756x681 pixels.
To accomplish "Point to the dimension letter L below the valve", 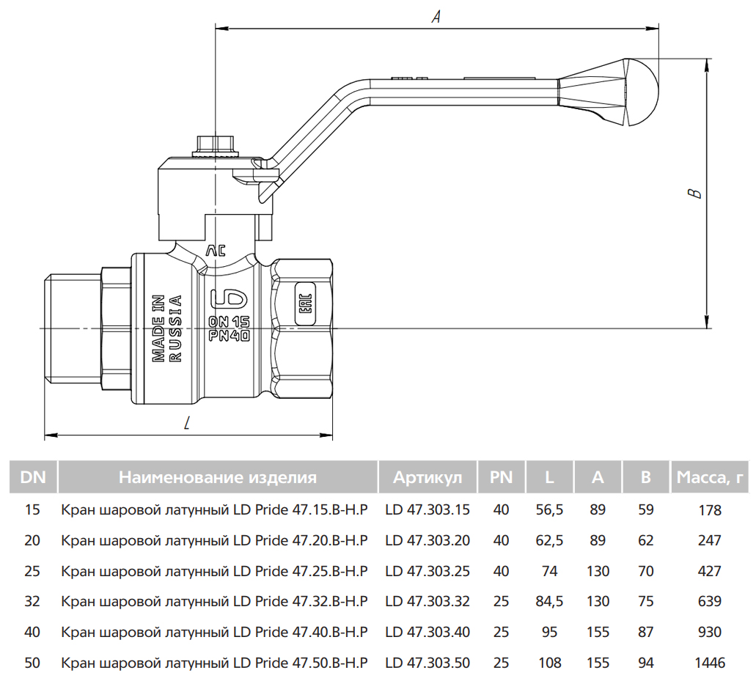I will (188, 423).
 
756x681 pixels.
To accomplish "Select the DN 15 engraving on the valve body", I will (230, 322).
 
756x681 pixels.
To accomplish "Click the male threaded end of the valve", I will (70, 327).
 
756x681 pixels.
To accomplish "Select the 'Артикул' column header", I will (427, 478).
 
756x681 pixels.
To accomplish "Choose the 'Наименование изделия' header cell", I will (218, 478).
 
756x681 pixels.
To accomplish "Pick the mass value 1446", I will (710, 663).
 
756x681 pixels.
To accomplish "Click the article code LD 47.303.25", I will (427, 571).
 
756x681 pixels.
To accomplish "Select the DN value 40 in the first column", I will (32, 632).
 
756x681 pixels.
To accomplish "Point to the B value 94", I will (645, 663).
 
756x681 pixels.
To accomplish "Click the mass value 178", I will (710, 509).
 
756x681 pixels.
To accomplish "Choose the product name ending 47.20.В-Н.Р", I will (214, 540).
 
